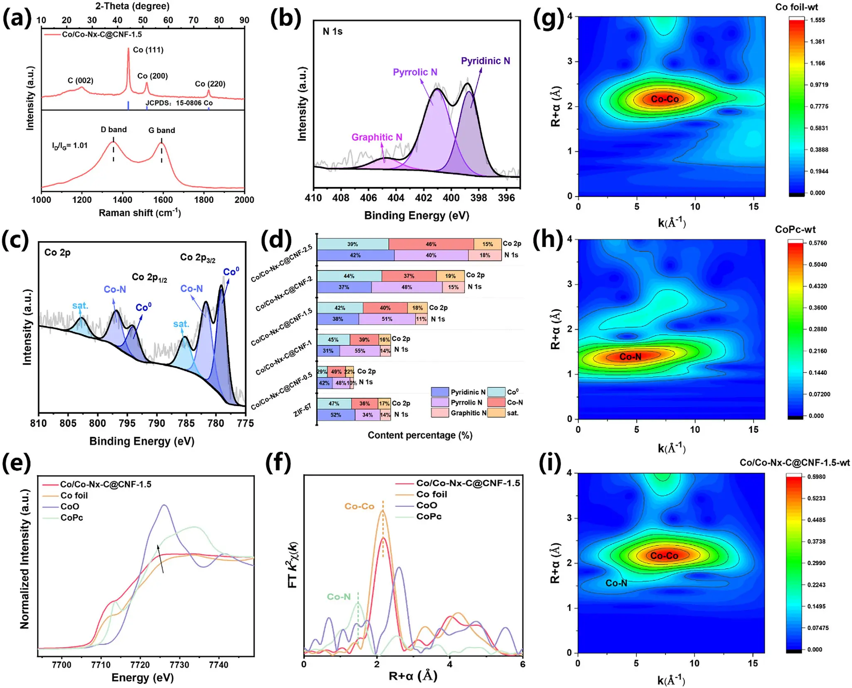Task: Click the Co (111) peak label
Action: pyautogui.click(x=148, y=50)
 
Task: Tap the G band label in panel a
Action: pyautogui.click(x=162, y=130)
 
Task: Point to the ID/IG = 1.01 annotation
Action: pyautogui.click(x=70, y=145)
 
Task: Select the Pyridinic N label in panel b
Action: pyautogui.click(x=485, y=61)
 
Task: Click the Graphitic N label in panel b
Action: pyautogui.click(x=377, y=137)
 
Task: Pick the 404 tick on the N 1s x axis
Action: pyautogui.click(x=396, y=198)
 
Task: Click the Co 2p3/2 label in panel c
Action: pyautogui.click(x=198, y=258)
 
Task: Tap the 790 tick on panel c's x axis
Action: pyautogui.click(x=157, y=423)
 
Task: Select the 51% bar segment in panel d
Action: pyautogui.click(x=387, y=319)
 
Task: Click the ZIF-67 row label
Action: pyautogui.click(x=302, y=410)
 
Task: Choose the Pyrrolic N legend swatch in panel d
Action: pyautogui.click(x=440, y=402)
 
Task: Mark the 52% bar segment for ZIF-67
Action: pyautogui.click(x=336, y=415)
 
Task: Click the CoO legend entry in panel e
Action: pyautogui.click(x=70, y=506)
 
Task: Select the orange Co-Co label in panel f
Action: pyautogui.click(x=360, y=506)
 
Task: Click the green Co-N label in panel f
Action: pyautogui.click(x=339, y=597)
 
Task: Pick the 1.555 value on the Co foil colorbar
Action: pyautogui.click(x=817, y=20)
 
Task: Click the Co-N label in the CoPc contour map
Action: pyautogui.click(x=630, y=357)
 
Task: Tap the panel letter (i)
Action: pyautogui.click(x=549, y=463)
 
